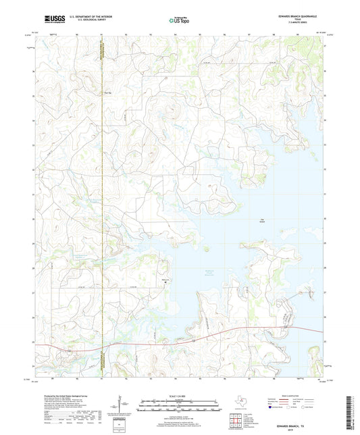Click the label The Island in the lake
coord(262,220)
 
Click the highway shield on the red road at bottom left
coord(68,351)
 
